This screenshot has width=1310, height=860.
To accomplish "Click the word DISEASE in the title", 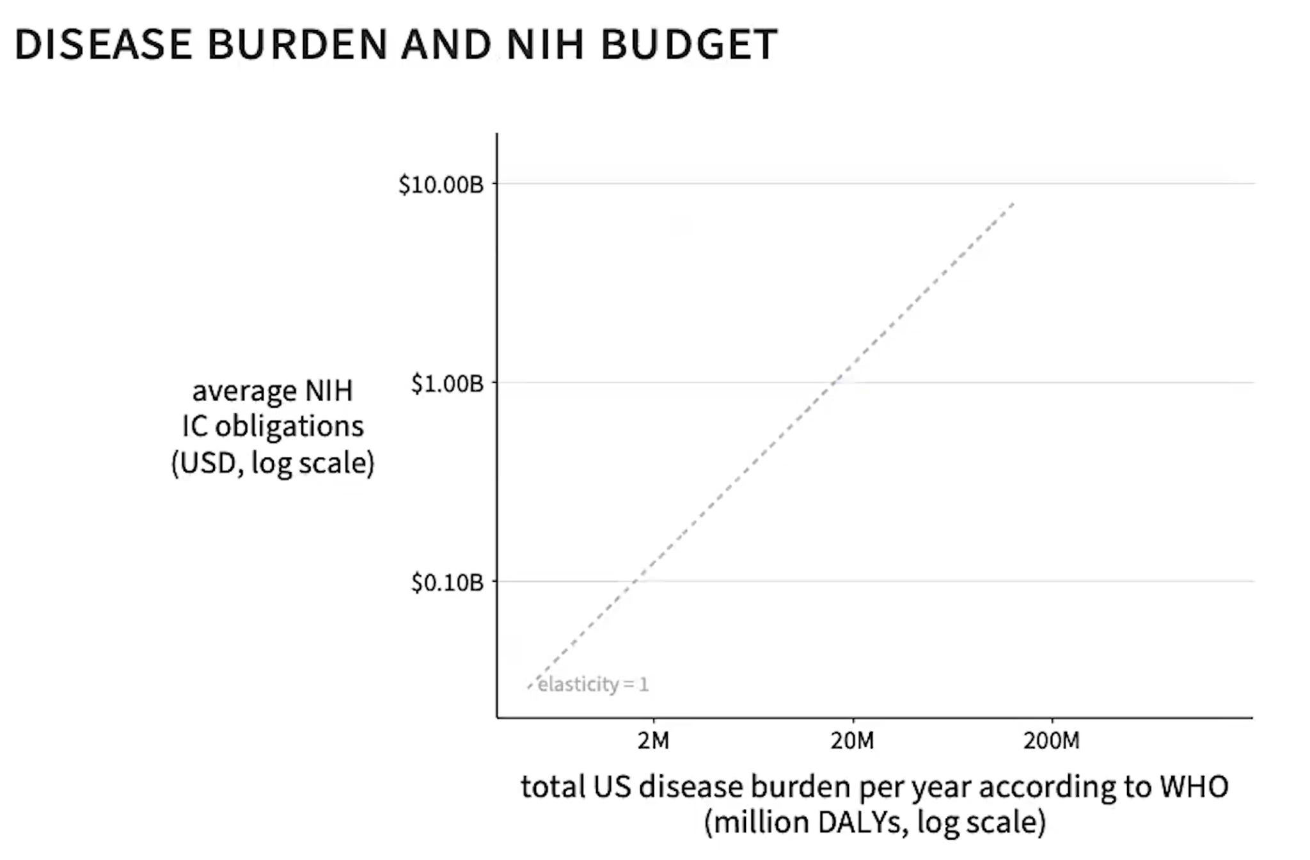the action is click(103, 44).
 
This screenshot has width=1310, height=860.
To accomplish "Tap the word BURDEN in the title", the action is click(297, 44).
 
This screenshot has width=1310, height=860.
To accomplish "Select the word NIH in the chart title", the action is click(545, 44).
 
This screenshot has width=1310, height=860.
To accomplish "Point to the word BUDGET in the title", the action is click(688, 44).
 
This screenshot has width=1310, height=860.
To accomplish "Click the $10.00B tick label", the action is click(441, 184).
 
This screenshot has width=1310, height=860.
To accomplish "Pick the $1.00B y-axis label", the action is click(447, 383).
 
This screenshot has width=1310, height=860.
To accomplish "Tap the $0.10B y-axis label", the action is click(447, 582).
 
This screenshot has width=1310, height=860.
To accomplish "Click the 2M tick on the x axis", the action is click(653, 740).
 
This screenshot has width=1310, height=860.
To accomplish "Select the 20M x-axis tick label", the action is click(852, 740).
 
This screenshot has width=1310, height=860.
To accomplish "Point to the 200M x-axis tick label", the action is click(1051, 740).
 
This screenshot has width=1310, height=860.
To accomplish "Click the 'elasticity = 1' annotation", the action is click(593, 685).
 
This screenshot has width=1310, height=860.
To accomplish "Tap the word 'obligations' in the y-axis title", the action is click(289, 427).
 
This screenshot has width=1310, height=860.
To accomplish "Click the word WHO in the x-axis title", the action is click(1194, 786).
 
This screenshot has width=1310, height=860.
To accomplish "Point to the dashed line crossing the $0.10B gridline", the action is click(635, 582).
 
